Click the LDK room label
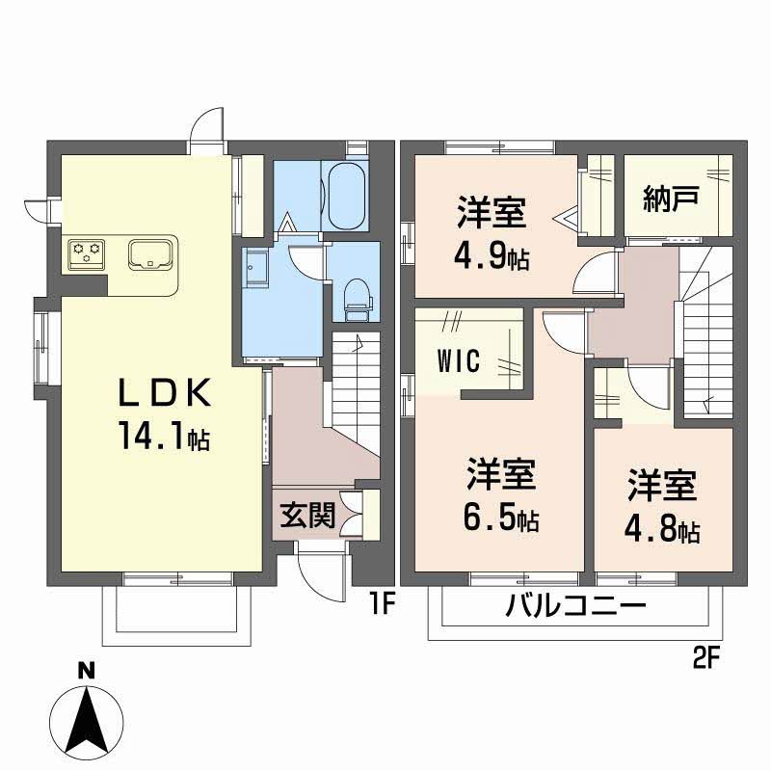(x=164, y=393)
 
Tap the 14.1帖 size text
(x=164, y=439)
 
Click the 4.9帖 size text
(x=492, y=258)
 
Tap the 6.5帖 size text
(x=501, y=520)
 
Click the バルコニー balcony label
(x=575, y=608)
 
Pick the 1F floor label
(x=382, y=605)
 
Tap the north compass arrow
(x=88, y=718)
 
